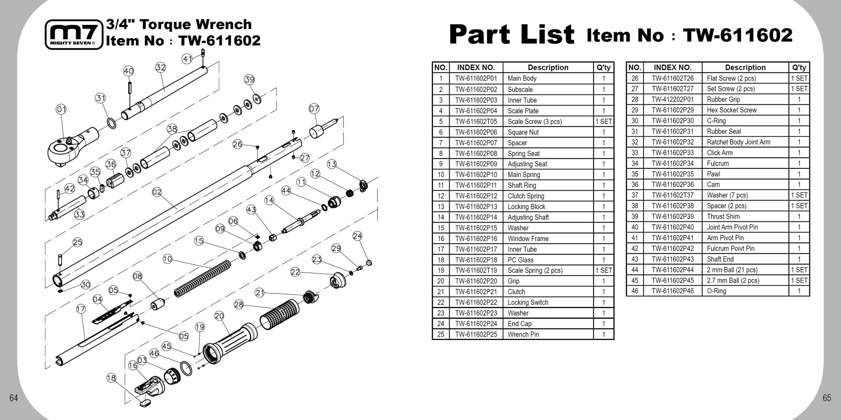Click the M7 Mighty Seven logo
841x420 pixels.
click(x=74, y=34)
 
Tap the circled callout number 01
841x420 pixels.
click(x=61, y=109)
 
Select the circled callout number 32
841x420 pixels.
click(x=160, y=68)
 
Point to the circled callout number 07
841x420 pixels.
click(x=314, y=109)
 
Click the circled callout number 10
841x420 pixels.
click(x=168, y=259)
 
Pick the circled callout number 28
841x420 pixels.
click(x=239, y=304)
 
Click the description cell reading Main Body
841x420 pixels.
click(x=522, y=78)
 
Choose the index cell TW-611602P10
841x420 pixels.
click(x=476, y=175)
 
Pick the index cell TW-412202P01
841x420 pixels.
click(x=672, y=99)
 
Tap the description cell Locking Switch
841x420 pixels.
click(x=528, y=303)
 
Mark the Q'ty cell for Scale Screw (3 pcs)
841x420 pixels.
click(x=603, y=121)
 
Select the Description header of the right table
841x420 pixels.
click(x=745, y=68)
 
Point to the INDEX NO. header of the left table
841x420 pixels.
click(x=476, y=68)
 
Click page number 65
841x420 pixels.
click(x=827, y=398)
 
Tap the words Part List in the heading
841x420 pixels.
click(x=512, y=34)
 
